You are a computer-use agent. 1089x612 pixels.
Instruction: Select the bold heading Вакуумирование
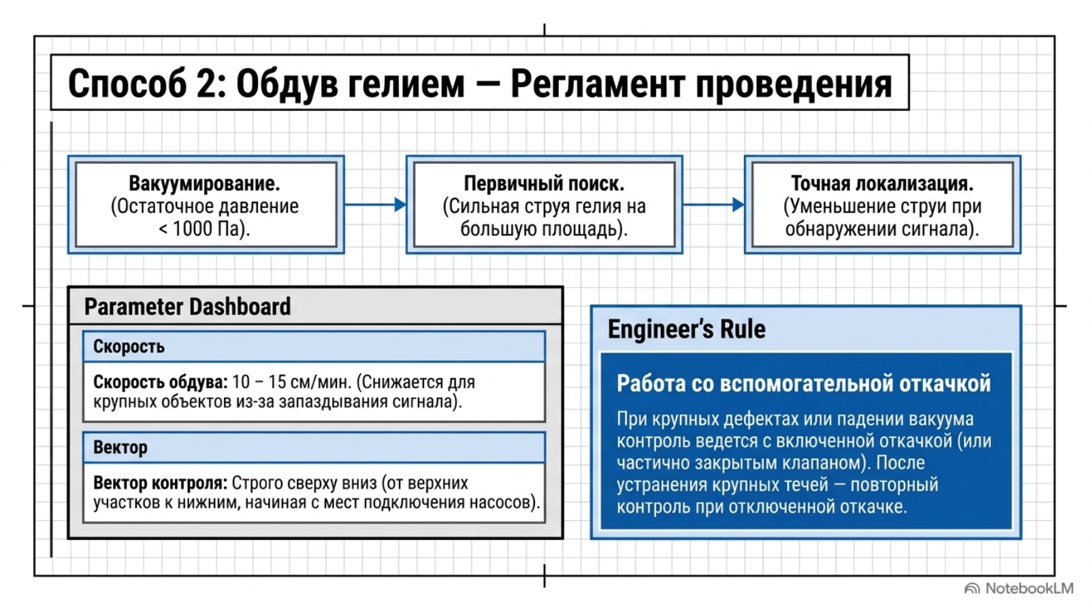(205, 184)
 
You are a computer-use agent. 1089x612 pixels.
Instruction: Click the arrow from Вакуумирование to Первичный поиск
(375, 205)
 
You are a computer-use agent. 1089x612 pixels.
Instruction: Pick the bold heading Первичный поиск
(544, 184)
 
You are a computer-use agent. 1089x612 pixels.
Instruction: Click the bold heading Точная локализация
(882, 184)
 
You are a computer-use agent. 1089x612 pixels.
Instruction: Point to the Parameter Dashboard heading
(188, 307)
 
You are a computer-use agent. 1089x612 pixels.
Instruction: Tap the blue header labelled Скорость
(314, 347)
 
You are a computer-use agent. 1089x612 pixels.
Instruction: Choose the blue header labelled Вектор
(314, 447)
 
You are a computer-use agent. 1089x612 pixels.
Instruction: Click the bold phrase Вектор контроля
(161, 483)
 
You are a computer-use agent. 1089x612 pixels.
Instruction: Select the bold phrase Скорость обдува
(161, 382)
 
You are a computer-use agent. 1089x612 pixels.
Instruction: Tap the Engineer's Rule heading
(687, 329)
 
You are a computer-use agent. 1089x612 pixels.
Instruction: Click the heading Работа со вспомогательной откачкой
(804, 384)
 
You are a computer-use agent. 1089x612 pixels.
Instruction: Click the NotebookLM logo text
(1029, 589)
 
